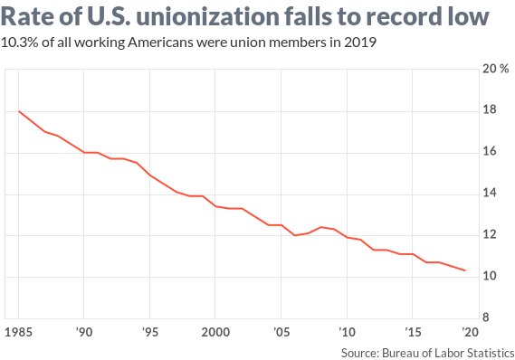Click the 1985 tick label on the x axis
click(x=17, y=332)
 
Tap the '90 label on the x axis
click(x=83, y=332)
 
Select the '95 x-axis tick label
click(x=149, y=332)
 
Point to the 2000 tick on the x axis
click(x=215, y=332)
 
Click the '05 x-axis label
click(x=281, y=332)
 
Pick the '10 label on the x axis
click(x=347, y=332)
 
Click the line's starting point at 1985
click(x=18, y=111)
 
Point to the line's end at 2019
click(x=465, y=270)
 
